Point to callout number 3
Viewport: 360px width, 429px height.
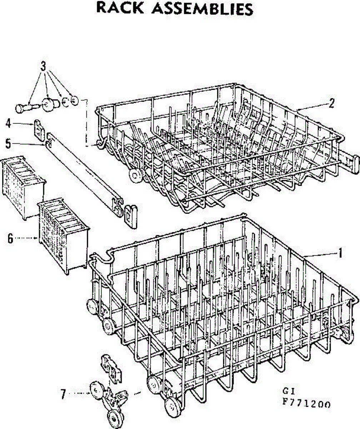(43, 66)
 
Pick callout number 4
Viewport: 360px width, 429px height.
(8, 124)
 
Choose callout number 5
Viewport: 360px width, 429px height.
(8, 144)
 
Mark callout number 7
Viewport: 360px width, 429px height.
(63, 394)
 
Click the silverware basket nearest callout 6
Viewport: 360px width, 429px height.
(64, 236)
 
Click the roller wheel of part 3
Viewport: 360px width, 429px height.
(49, 104)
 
